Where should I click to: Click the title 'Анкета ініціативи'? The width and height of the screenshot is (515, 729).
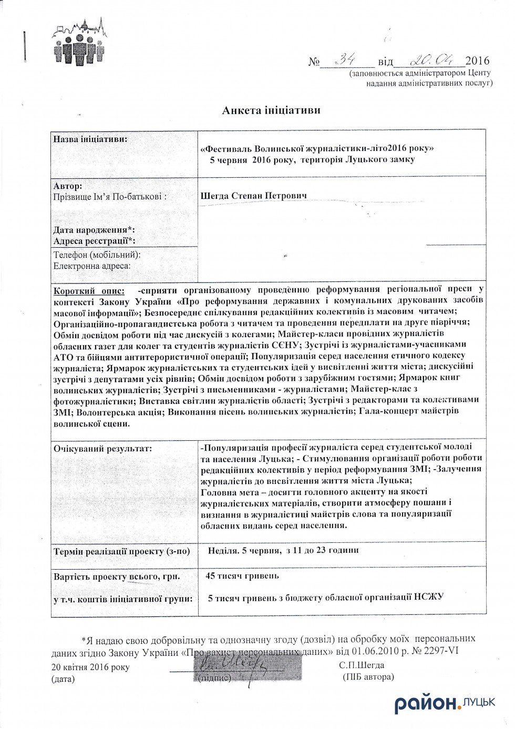(271, 110)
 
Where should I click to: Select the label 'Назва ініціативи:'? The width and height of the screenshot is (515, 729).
(90, 139)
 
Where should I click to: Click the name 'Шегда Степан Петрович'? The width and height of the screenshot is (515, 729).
(254, 196)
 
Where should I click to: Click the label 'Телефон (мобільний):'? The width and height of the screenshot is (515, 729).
(97, 255)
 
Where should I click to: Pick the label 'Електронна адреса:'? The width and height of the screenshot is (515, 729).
(92, 266)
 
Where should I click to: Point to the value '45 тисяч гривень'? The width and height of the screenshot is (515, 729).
(242, 576)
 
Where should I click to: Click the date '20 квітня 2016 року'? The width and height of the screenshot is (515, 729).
(90, 667)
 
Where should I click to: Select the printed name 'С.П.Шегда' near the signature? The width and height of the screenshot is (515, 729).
(362, 665)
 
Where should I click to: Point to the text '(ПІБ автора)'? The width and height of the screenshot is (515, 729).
(368, 677)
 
